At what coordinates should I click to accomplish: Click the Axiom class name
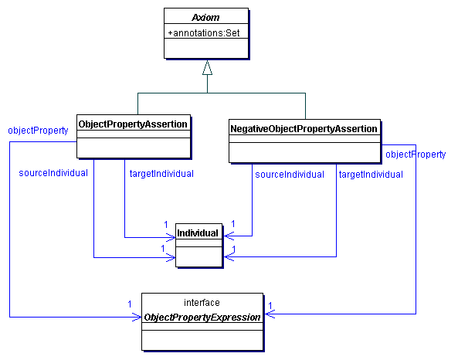206,17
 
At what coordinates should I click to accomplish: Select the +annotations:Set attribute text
206,32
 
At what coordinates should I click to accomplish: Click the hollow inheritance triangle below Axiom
206,69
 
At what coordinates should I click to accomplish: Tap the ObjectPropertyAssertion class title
133,123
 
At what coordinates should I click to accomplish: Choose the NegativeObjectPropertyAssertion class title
304,127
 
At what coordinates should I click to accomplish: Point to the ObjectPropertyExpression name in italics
202,317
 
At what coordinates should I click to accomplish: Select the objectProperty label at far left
38,130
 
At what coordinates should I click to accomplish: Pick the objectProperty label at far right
416,155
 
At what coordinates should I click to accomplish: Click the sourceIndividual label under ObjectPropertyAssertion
53,172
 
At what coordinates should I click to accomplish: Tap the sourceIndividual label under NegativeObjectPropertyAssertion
290,175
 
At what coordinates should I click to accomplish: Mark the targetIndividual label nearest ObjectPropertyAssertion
161,173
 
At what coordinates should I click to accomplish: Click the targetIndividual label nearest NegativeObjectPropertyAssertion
371,175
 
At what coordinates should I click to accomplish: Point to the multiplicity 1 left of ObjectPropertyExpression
130,304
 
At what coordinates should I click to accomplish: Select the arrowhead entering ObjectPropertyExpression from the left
136,316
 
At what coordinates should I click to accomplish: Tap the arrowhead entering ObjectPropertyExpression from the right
268,314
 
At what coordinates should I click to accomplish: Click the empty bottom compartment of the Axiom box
206,48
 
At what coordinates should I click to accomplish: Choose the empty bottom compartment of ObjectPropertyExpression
202,337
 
